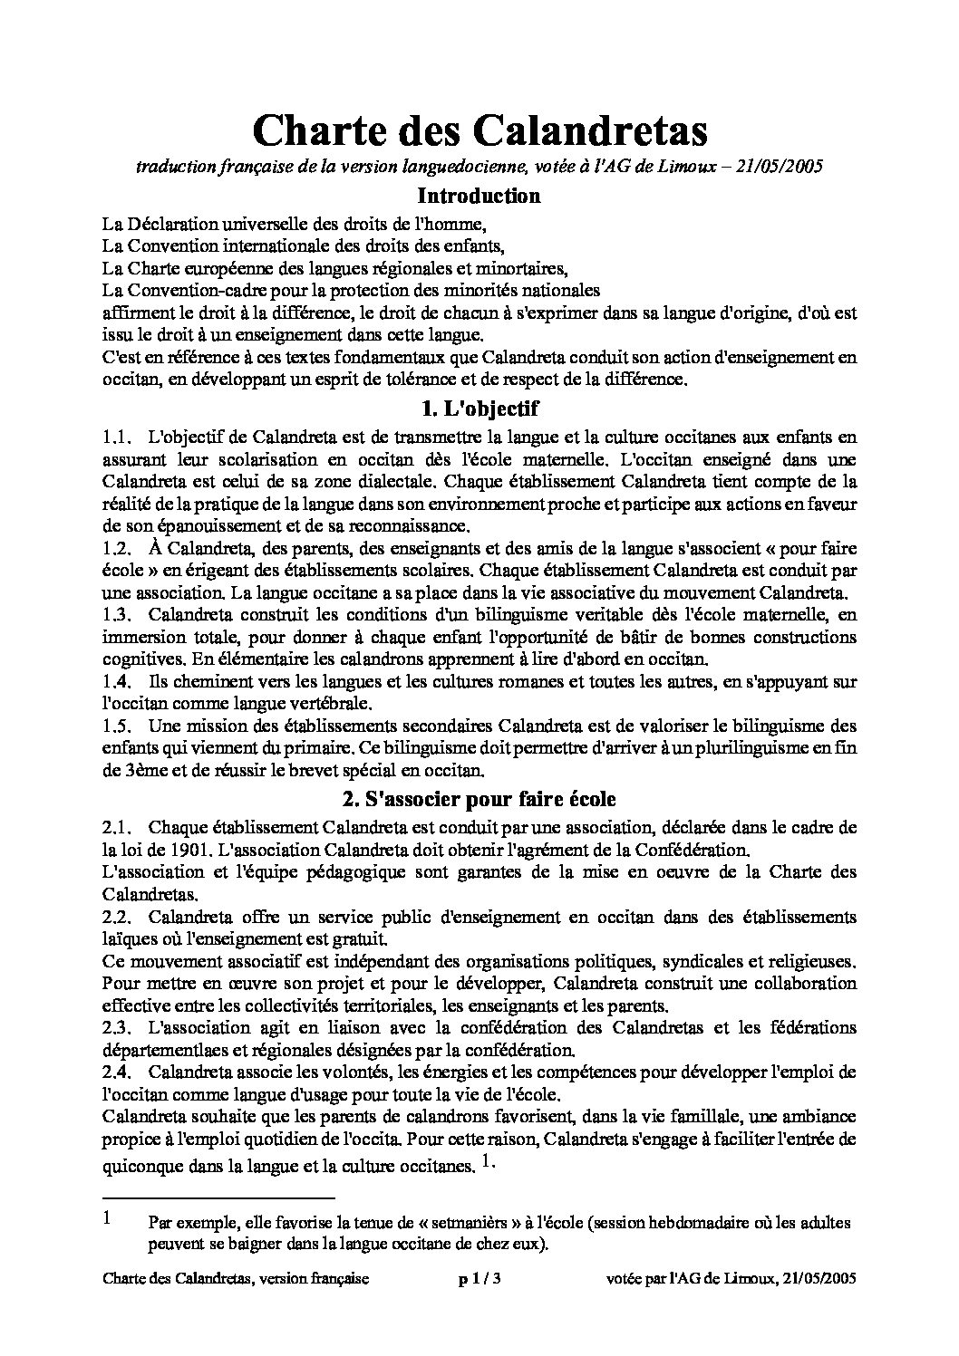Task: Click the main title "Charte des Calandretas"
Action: (x=479, y=130)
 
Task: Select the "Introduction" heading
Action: (x=479, y=196)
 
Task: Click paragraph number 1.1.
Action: (x=118, y=438)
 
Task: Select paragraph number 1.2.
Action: (x=118, y=549)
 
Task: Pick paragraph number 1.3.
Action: (x=118, y=616)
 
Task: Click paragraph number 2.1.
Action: (x=118, y=828)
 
